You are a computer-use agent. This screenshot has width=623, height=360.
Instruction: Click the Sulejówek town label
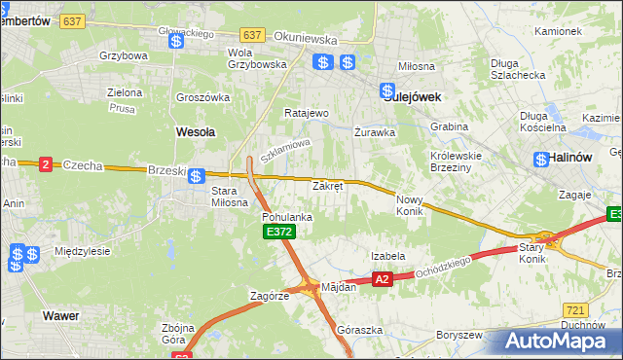tap(413, 97)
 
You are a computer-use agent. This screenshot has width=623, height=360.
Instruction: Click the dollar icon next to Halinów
tap(540, 159)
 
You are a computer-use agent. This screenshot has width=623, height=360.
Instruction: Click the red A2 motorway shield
tap(382, 279)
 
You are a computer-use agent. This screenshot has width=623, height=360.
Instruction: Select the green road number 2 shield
tap(45, 164)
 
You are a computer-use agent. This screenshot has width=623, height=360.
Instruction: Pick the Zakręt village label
tap(327, 186)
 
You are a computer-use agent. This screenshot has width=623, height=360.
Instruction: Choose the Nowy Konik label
tap(410, 204)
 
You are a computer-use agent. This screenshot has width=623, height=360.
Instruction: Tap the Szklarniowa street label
tap(284, 150)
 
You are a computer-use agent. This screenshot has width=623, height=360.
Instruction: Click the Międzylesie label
tap(83, 251)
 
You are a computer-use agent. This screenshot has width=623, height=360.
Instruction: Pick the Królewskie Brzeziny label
tap(458, 161)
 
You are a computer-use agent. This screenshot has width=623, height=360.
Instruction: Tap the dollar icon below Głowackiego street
tap(176, 42)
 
